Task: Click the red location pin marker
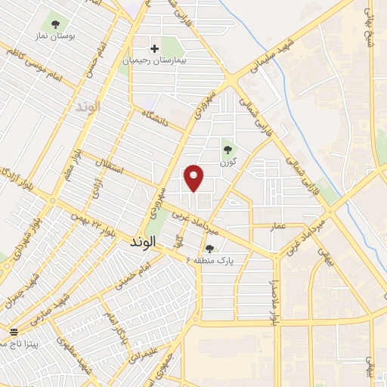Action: point(194,178)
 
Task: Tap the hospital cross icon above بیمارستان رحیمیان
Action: point(154,48)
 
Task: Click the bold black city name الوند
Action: point(142,243)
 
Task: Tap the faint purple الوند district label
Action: point(87,107)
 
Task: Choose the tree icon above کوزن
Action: point(227,147)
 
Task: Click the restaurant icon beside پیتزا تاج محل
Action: point(13,333)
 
